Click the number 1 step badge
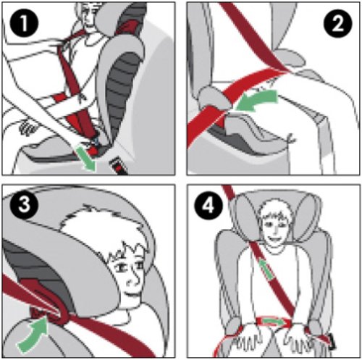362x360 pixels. pos(24,23)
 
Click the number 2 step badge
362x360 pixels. pos(337,23)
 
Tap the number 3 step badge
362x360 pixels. pos(24,205)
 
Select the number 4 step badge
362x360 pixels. pos(209,206)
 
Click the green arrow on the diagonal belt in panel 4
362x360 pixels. pos(266,269)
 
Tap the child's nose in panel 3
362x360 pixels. pos(132,280)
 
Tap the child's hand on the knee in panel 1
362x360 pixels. pos(27,127)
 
